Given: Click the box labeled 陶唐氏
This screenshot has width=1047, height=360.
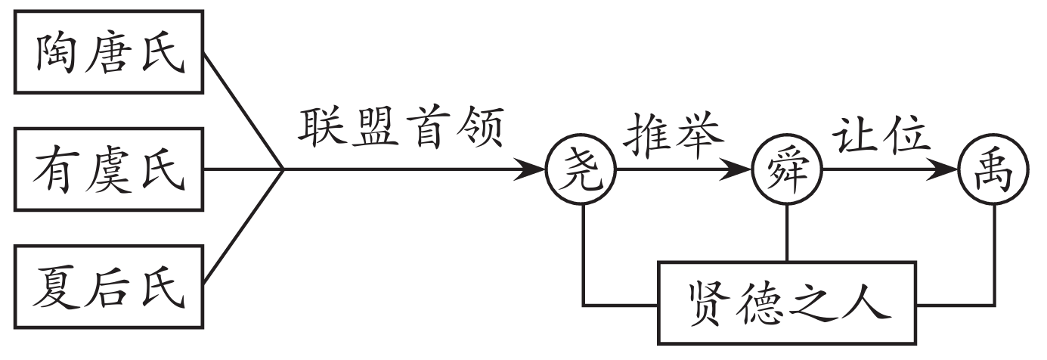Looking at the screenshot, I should (x=109, y=52).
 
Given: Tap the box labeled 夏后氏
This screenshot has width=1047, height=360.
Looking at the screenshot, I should (x=109, y=288).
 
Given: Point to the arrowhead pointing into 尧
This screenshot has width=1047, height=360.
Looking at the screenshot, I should (x=534, y=170).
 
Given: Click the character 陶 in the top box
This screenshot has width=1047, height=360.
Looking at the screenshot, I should (x=60, y=53).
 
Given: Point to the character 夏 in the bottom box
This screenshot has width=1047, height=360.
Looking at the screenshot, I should (x=60, y=288).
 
